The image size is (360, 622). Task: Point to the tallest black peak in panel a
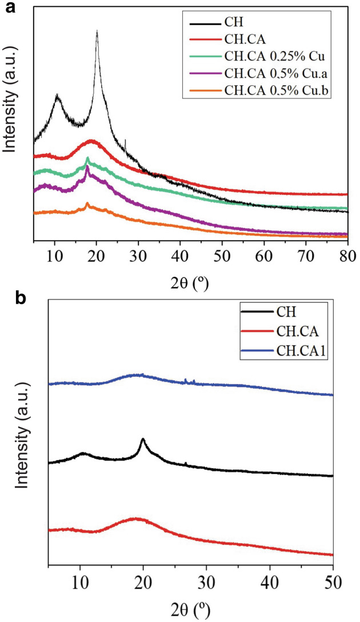tap(97, 32)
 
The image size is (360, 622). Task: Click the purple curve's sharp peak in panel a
tap(87, 167)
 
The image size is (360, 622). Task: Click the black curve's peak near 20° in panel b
tap(143, 439)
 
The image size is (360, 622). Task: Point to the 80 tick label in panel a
tap(347, 250)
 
